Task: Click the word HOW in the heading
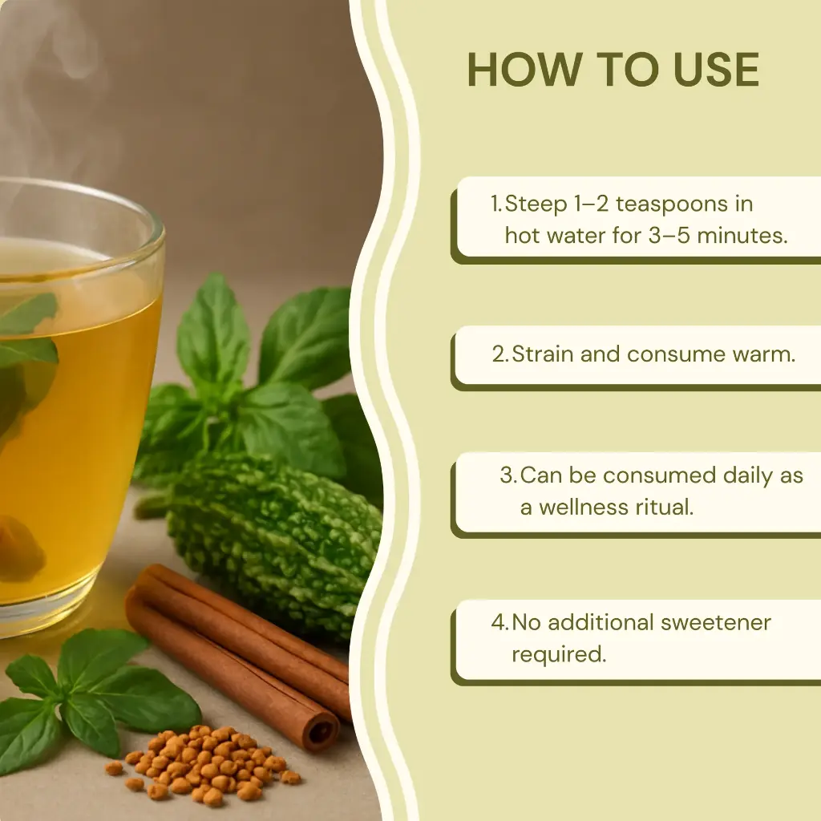tap(524, 70)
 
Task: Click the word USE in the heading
tap(716, 70)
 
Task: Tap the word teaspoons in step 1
tap(671, 204)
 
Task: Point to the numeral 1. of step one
tap(496, 204)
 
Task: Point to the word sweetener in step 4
tap(716, 623)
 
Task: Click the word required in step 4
tap(559, 654)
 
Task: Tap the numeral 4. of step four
tap(499, 622)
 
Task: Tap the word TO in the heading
tap(628, 70)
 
